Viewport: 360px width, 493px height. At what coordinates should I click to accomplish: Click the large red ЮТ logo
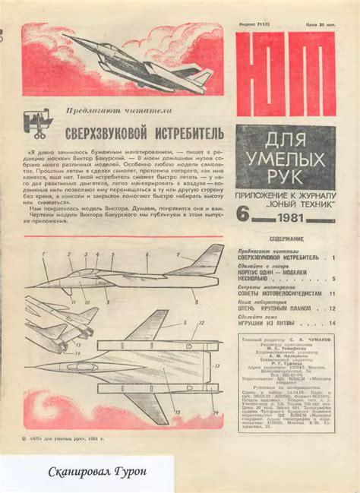(286, 73)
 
